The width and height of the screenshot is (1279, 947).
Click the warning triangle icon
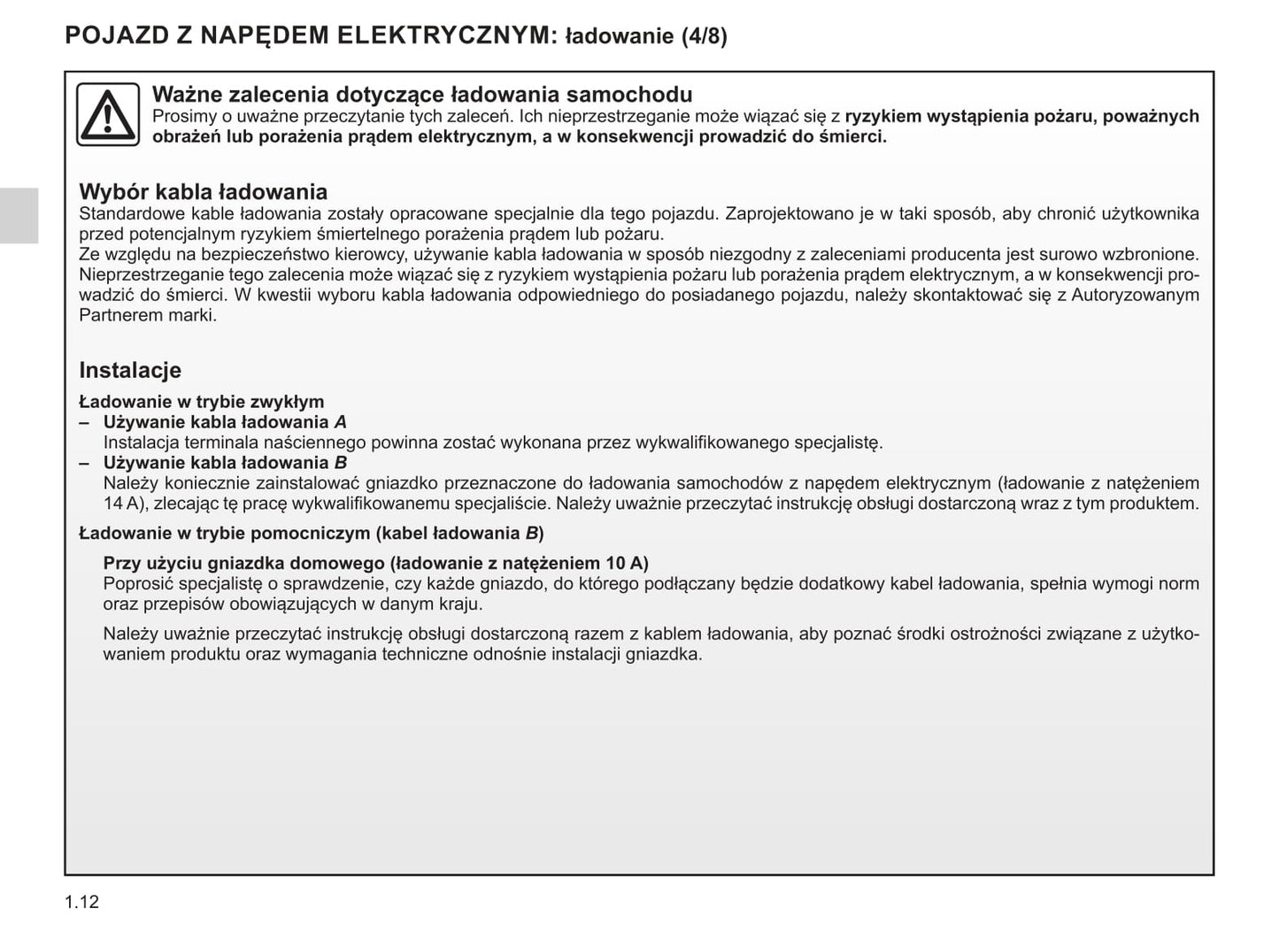[x=107, y=115]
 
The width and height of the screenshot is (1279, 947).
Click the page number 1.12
[x=81, y=902]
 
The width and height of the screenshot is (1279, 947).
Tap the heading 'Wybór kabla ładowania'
[x=203, y=192]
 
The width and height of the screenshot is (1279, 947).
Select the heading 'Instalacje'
[x=130, y=370]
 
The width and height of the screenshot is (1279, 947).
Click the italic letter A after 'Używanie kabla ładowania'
[x=340, y=422]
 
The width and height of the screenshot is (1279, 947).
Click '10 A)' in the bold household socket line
[x=627, y=563]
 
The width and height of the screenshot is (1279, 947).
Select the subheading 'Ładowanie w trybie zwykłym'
[x=202, y=402]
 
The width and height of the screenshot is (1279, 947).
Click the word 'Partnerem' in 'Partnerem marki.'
[x=118, y=315]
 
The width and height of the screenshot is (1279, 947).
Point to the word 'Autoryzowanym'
[x=1136, y=295]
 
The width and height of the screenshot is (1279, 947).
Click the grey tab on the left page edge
[x=19, y=215]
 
